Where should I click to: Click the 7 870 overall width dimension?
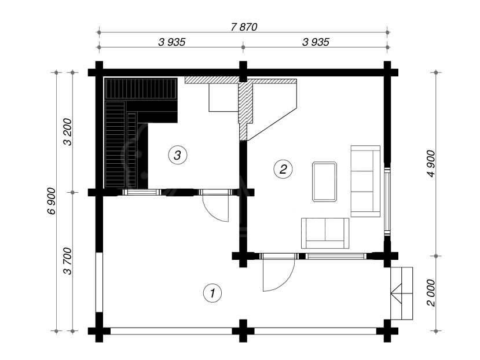pyautogui.click(x=244, y=27)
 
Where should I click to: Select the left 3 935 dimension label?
pyautogui.click(x=172, y=42)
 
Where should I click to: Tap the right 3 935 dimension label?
pyautogui.click(x=316, y=42)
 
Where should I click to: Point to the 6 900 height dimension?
pyautogui.click(x=52, y=201)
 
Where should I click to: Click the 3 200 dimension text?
pyautogui.click(x=67, y=132)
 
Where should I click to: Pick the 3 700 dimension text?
pyautogui.click(x=67, y=261)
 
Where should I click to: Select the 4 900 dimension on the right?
pyautogui.click(x=431, y=164)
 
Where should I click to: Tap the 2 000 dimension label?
pyautogui.click(x=431, y=293)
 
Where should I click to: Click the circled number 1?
pyautogui.click(x=212, y=293)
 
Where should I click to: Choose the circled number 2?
pyautogui.click(x=283, y=168)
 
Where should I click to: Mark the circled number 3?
pyautogui.click(x=178, y=155)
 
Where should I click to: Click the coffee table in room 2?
pyautogui.click(x=324, y=182)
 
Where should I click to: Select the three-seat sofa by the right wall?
pyautogui.click(x=365, y=181)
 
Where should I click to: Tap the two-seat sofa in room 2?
pyautogui.click(x=325, y=233)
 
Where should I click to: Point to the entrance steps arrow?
pyautogui.click(x=396, y=293)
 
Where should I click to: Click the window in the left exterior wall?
pyautogui.click(x=99, y=282)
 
